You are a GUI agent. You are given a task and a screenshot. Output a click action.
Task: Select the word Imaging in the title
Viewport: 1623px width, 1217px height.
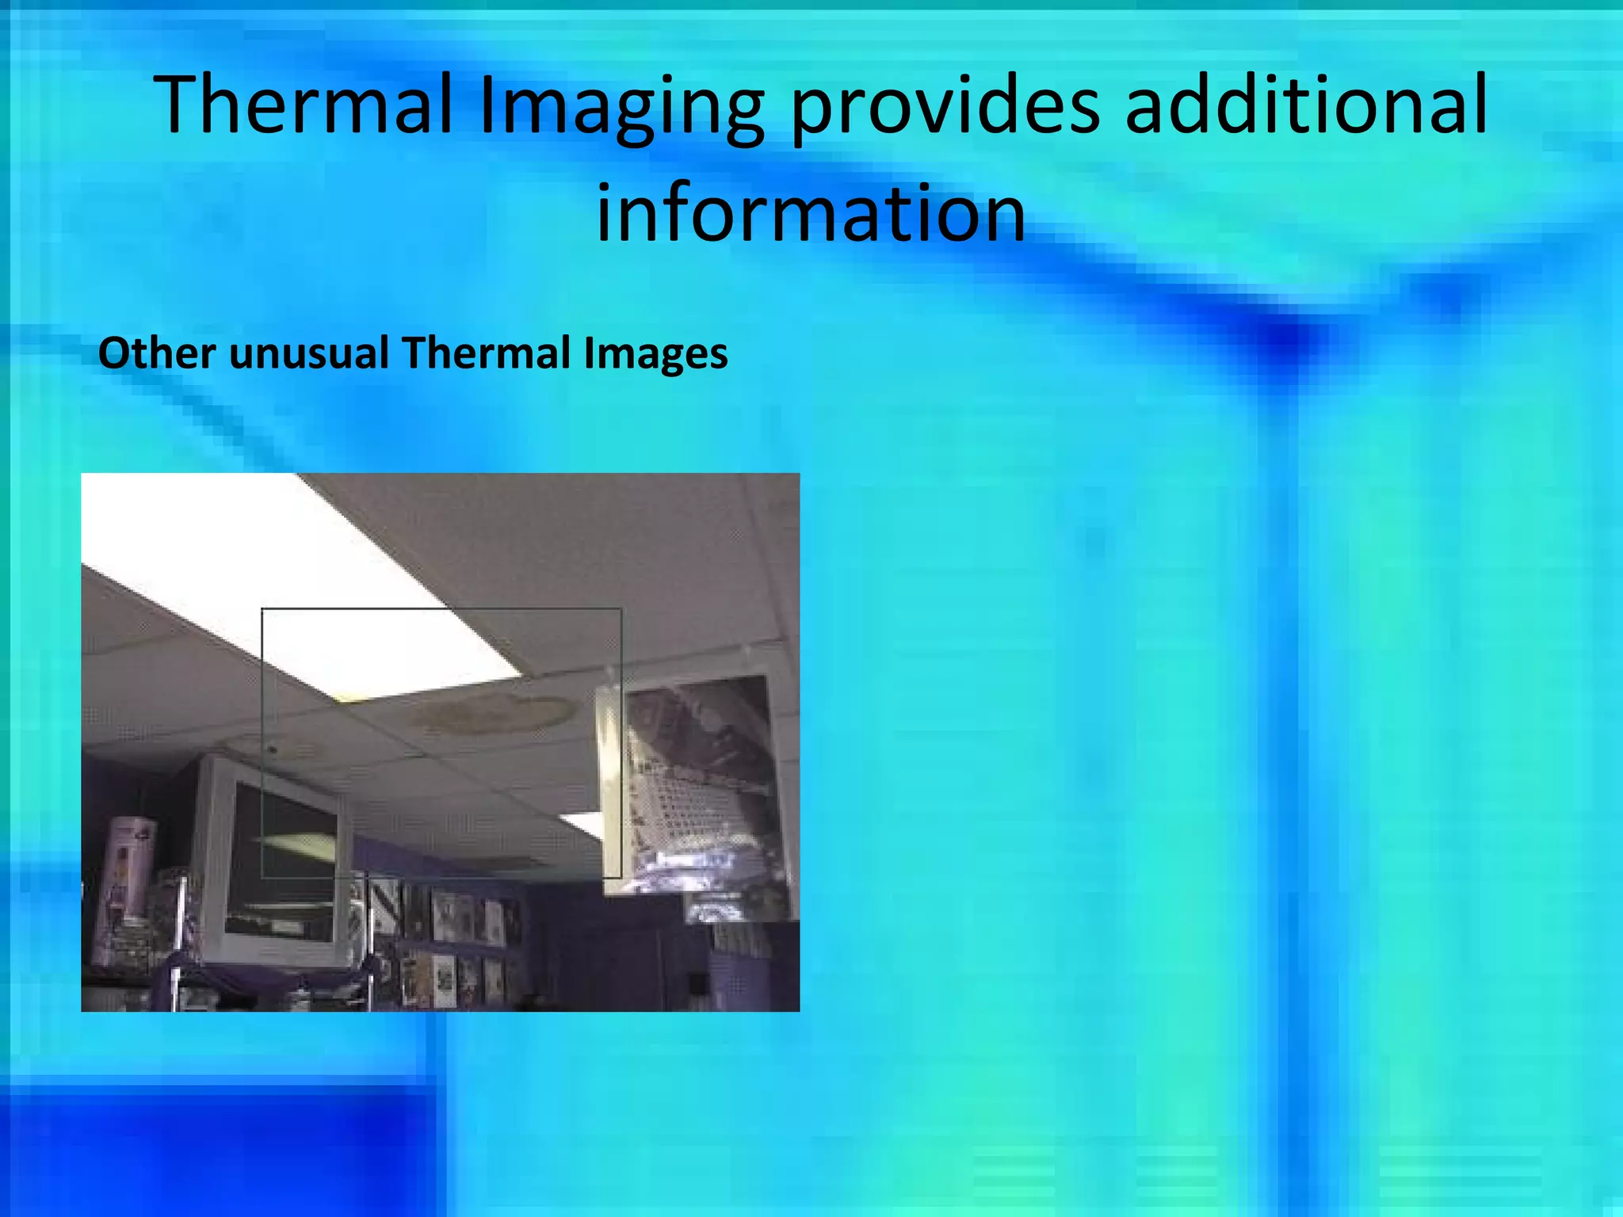(x=621, y=109)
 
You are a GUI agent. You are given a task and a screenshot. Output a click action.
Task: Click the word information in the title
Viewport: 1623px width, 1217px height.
(x=811, y=213)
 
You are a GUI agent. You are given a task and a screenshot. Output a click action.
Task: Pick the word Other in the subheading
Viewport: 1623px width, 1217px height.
(x=156, y=353)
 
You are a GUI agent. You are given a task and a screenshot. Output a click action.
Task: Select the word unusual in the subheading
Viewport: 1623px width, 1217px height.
(x=309, y=353)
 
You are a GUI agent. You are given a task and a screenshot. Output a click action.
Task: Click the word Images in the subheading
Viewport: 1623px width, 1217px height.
(x=655, y=353)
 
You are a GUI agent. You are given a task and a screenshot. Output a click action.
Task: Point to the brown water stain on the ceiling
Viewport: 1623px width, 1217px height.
(x=495, y=713)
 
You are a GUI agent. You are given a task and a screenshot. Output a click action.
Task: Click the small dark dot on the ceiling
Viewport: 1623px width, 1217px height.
(x=273, y=748)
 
